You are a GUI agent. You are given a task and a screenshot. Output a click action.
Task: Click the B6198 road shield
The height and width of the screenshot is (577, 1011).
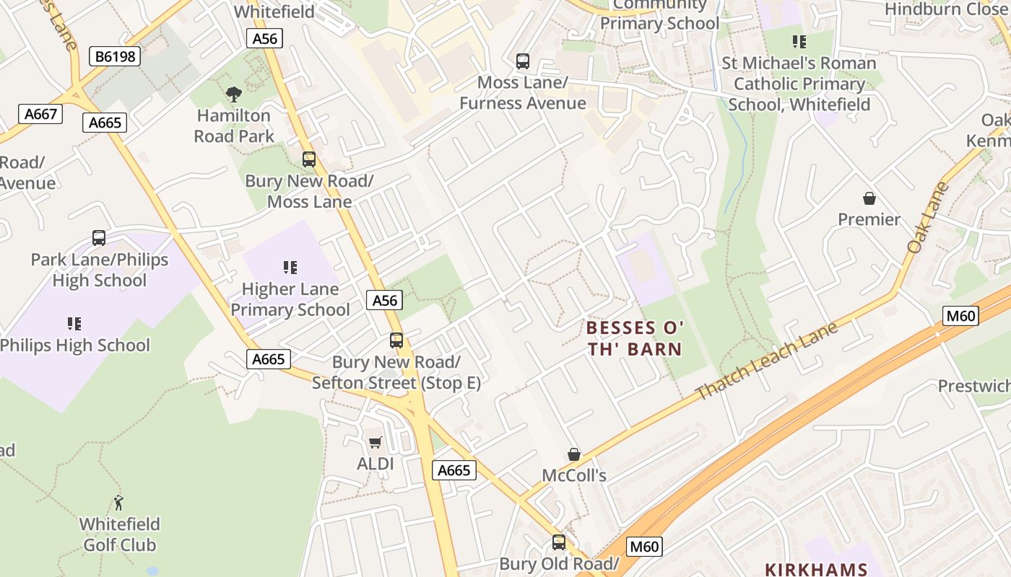116,56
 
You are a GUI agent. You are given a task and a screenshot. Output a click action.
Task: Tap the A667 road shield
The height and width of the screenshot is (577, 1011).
40,114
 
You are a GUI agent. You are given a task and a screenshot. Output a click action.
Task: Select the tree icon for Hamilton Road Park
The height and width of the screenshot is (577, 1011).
233,94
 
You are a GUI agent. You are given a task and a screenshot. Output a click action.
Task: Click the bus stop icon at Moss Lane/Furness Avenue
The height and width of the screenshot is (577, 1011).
523,61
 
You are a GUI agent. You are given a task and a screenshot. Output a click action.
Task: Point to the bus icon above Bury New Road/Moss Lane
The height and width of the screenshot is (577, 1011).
309,159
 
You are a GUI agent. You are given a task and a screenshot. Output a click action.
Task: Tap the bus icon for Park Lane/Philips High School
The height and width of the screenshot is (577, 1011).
99,238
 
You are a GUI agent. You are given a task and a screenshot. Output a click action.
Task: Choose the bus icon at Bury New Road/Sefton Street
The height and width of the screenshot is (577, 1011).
396,340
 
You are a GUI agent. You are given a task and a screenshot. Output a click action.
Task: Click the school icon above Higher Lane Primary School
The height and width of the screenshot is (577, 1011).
290,268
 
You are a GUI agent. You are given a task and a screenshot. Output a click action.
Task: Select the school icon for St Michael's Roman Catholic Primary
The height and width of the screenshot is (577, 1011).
799,42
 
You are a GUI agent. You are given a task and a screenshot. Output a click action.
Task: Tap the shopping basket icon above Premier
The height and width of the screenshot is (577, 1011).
869,198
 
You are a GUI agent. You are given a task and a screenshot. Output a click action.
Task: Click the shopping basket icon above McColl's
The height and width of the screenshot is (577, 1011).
574,454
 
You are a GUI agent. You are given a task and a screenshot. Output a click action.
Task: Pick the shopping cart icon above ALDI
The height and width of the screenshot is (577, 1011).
375,442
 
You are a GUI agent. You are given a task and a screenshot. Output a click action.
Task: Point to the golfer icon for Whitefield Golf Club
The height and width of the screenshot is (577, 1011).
119,503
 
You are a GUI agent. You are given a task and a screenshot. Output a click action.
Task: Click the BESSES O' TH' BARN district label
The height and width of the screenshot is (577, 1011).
634,339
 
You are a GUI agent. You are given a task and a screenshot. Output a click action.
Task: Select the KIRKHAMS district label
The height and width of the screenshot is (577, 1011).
815,569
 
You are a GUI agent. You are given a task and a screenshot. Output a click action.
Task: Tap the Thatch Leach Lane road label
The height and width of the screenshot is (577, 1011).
767,361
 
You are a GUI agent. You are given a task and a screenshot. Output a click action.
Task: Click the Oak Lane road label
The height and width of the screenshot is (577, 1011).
927,218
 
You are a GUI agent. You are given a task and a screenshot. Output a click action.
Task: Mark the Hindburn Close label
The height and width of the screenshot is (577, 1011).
945,9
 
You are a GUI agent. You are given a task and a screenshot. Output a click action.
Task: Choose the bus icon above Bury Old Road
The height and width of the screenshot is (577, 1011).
559,542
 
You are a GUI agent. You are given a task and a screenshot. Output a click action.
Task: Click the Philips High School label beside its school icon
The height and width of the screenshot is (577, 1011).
75,345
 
